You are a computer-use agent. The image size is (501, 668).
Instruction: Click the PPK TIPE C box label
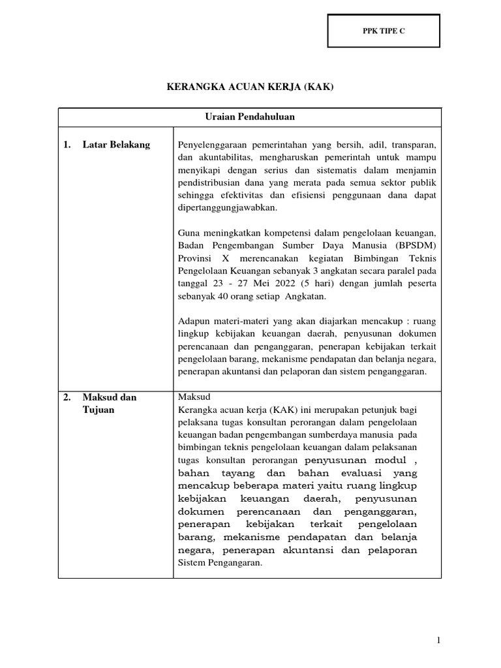(384, 31)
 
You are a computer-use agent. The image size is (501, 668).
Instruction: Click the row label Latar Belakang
(116, 145)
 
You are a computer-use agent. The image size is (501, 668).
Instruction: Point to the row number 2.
(67, 397)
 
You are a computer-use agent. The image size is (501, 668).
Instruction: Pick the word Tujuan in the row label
(99, 410)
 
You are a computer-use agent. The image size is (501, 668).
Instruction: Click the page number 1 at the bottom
(439, 641)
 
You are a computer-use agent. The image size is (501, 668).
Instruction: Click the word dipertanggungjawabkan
(228, 207)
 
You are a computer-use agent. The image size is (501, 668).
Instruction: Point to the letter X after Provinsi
(219, 257)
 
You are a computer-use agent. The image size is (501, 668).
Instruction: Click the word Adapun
(194, 321)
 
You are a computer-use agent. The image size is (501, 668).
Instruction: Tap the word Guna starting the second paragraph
(189, 232)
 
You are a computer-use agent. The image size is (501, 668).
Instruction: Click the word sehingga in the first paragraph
(196, 194)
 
